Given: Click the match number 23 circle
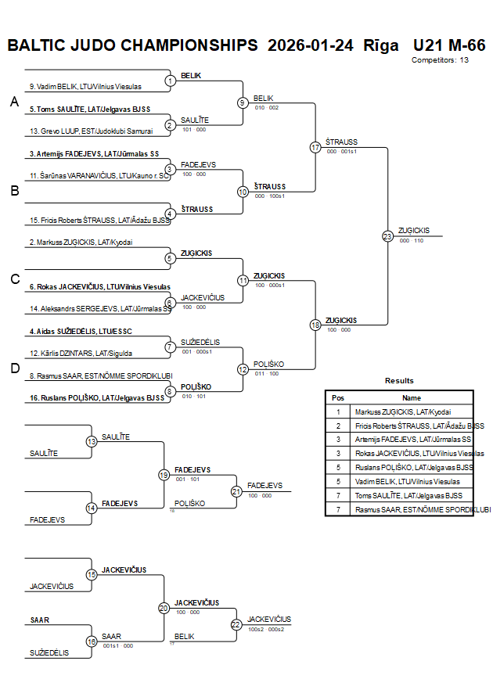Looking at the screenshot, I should point(387,235).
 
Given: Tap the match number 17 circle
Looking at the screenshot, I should point(315,147).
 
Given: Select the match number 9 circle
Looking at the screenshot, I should point(243,102).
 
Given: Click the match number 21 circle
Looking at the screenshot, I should point(236,491).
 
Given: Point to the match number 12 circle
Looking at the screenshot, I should point(243,369).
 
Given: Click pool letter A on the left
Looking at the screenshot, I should point(14,102).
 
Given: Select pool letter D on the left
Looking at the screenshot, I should point(14,368).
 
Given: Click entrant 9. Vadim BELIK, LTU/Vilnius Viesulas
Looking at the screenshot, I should point(85,86).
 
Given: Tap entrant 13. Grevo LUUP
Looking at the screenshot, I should point(91,131).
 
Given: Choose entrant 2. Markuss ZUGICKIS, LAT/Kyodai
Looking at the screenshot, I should point(81,243).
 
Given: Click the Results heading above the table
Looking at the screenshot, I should point(399,381).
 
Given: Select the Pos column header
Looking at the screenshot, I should point(338,397).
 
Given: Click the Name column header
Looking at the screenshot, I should point(412,397).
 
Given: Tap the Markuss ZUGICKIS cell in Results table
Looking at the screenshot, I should point(402,411).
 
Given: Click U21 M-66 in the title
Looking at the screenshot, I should point(449,45).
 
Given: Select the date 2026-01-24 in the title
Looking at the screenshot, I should point(311,45).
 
